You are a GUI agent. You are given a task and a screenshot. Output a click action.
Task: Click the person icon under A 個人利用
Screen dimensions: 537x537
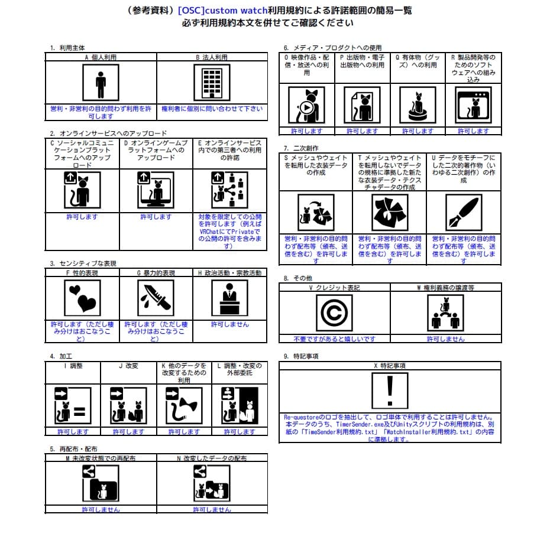click(x=101, y=83)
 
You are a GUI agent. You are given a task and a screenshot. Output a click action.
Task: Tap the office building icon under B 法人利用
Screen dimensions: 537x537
click(x=212, y=83)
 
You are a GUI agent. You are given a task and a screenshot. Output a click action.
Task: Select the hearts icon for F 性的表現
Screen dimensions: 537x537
click(x=82, y=297)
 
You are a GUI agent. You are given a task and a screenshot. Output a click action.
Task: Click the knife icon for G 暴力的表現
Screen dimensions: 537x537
click(x=156, y=297)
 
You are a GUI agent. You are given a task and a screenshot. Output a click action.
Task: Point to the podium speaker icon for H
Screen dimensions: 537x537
click(x=229, y=297)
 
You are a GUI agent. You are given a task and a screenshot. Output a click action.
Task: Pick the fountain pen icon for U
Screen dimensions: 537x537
click(x=463, y=211)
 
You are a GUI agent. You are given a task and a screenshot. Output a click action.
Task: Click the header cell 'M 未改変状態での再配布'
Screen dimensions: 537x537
click(x=101, y=458)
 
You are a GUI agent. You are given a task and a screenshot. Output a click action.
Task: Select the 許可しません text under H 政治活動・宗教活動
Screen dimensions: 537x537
click(x=230, y=324)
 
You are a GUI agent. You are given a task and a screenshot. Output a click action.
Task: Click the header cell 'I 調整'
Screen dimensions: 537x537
click(x=73, y=366)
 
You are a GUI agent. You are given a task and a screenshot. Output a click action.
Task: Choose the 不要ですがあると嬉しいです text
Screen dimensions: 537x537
click(x=334, y=339)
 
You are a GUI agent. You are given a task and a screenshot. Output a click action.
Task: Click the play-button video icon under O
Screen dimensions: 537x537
click(x=306, y=106)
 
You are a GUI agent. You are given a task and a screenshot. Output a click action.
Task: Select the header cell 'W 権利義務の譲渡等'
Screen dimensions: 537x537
click(x=445, y=288)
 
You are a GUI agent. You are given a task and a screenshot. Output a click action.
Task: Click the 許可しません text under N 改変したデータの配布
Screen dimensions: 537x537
click(x=212, y=509)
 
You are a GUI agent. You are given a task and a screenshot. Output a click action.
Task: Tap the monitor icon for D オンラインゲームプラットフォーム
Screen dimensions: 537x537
click(x=156, y=190)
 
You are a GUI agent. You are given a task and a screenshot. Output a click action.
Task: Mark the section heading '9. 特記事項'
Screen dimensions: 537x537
click(x=301, y=356)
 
